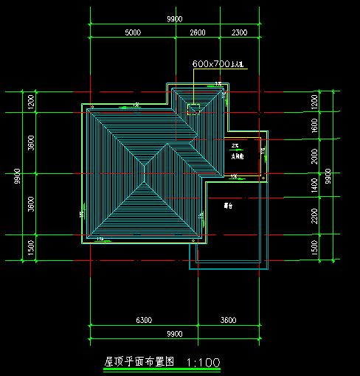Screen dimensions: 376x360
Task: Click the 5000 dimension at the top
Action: [x=132, y=33]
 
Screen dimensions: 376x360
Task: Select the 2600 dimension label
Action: [x=198, y=33]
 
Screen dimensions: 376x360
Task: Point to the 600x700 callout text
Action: [x=218, y=65]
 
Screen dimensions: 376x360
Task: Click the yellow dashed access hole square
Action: [x=194, y=110]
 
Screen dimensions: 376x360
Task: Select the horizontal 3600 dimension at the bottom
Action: [x=228, y=321]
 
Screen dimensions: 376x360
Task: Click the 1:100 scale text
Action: [x=204, y=363]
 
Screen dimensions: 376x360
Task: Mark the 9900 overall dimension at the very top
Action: [x=175, y=17]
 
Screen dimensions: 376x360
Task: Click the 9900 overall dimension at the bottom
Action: [x=175, y=333]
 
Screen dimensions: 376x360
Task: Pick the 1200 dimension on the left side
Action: [x=31, y=102]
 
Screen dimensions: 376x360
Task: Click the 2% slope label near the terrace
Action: [x=234, y=145]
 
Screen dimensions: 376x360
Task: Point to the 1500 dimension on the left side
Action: [x=31, y=248]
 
